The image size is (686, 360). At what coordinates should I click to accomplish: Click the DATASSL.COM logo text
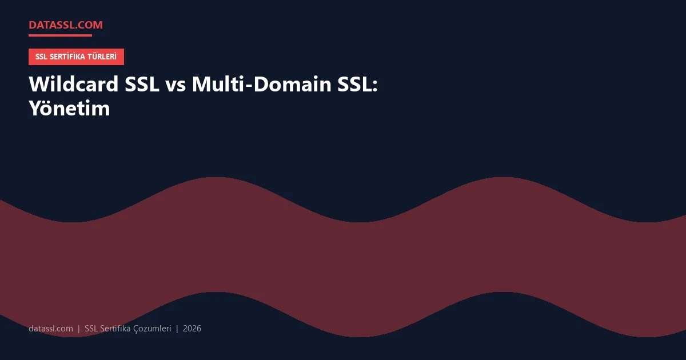point(66,25)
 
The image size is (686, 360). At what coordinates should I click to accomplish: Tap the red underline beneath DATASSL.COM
point(60,35)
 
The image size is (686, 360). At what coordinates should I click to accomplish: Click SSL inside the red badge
point(42,57)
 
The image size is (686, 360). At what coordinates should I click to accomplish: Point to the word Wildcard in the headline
point(74,85)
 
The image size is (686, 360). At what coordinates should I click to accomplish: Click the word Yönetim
point(69,108)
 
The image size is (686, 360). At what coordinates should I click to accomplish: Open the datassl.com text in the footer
point(51,329)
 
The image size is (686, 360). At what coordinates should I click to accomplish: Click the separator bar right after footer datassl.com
point(79,329)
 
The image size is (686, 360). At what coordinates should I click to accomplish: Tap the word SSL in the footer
point(91,329)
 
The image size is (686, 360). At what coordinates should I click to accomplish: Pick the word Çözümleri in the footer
point(152,329)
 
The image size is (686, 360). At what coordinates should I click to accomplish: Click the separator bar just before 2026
point(177,329)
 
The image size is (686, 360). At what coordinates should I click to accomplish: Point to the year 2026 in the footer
point(192,329)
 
